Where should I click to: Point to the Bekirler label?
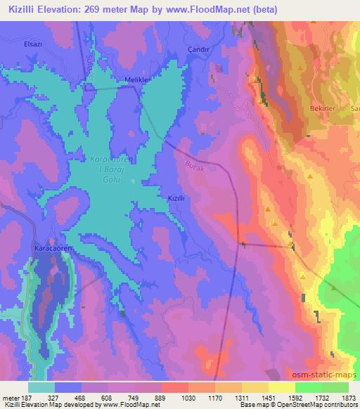point(325,111)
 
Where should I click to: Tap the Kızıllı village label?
point(176,198)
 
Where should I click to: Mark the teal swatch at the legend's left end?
point(41,387)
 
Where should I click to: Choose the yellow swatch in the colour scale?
point(281,387)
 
